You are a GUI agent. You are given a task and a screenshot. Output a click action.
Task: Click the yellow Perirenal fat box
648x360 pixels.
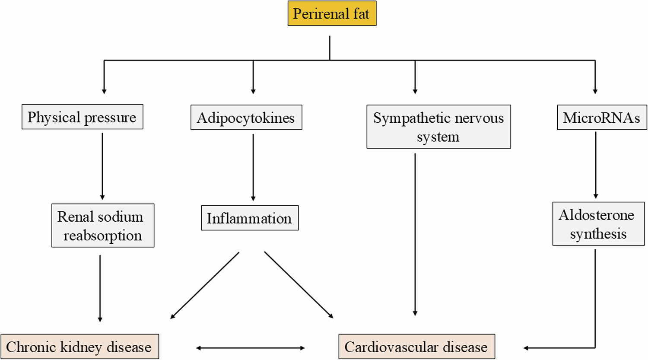(x=332, y=14)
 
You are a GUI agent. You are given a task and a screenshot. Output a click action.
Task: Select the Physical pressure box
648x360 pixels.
(x=82, y=117)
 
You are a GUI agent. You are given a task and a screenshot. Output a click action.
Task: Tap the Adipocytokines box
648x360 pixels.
(x=246, y=118)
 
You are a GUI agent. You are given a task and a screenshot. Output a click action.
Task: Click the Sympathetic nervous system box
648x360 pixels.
(x=438, y=127)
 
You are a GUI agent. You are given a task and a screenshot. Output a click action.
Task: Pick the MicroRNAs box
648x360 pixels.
(x=601, y=118)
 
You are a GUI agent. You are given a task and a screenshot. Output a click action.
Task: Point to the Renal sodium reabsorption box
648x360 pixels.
(x=103, y=226)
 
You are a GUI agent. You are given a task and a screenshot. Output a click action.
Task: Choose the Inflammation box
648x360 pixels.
(x=249, y=218)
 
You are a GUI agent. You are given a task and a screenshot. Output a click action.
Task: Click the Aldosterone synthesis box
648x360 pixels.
(x=597, y=224)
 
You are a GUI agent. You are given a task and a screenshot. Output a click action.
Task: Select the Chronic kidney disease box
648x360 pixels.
(x=79, y=347)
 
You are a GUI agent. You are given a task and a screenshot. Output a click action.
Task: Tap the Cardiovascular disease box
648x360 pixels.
(x=416, y=347)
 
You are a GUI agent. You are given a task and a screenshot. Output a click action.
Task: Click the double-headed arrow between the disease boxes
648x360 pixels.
(x=251, y=347)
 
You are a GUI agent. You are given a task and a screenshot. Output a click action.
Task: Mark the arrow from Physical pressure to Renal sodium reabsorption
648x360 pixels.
(x=102, y=166)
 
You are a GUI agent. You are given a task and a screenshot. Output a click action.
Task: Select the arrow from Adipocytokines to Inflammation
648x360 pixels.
(x=253, y=168)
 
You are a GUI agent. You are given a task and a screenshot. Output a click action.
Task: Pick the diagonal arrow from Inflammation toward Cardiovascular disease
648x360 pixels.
(x=299, y=285)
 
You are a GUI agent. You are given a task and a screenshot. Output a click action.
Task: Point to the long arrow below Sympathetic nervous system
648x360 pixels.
(x=415, y=233)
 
